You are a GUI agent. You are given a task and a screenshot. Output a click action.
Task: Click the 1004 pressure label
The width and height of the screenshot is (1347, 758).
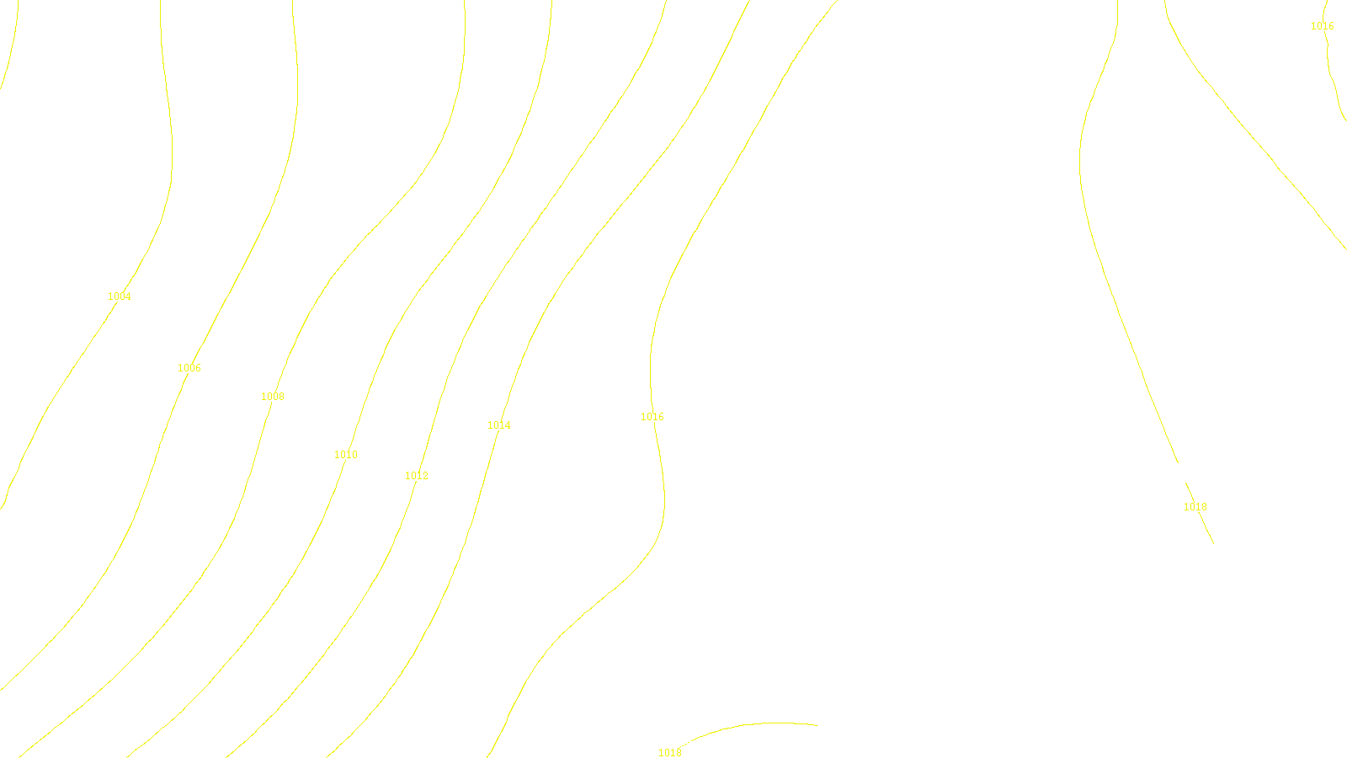tap(120, 296)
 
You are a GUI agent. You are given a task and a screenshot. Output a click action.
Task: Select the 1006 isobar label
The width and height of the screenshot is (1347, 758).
tap(189, 368)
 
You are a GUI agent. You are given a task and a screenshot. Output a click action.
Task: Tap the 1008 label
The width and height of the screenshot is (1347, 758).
tap(273, 397)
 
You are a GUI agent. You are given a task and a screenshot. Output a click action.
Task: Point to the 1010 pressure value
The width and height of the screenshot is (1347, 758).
tap(346, 455)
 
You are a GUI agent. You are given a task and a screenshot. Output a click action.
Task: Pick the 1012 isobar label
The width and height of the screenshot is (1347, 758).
tap(417, 476)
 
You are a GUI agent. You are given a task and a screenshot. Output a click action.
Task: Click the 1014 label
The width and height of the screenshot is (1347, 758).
tap(499, 425)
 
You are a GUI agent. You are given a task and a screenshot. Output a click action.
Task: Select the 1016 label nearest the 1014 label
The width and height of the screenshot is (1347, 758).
tap(652, 417)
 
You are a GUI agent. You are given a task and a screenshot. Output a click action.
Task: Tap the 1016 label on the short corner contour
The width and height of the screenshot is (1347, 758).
tap(1323, 26)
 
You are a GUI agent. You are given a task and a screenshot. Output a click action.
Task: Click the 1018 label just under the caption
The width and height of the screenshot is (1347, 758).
tap(670, 753)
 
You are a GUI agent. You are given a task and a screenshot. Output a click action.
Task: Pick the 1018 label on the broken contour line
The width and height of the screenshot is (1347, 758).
tap(1195, 507)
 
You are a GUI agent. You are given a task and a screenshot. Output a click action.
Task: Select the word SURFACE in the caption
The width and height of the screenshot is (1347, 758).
tap(673, 745)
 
